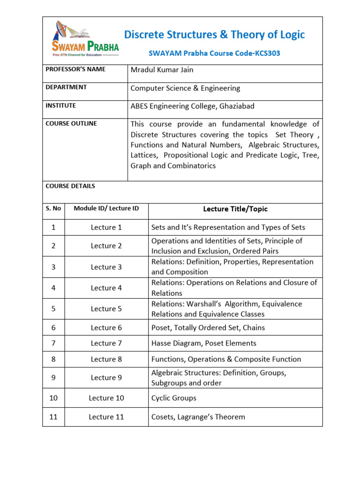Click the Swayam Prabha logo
pyautogui.click(x=85, y=38)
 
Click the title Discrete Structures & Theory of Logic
pyautogui.click(x=214, y=35)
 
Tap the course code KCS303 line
pyautogui.click(x=214, y=53)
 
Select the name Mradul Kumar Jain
pyautogui.click(x=162, y=70)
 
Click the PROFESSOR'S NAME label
pyautogui.click(x=75, y=69)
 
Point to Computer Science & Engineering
pyautogui.click(x=185, y=88)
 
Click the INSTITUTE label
pyautogui.click(x=60, y=106)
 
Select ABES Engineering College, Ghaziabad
pyautogui.click(x=192, y=106)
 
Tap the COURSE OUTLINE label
pyautogui.click(x=71, y=124)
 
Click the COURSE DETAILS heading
pyautogui.click(x=70, y=186)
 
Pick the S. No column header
pyautogui.click(x=53, y=209)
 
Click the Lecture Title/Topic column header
pyautogui.click(x=235, y=209)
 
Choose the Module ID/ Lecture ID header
pyautogui.click(x=106, y=208)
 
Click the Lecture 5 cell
pyautogui.click(x=106, y=309)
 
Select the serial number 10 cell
pyautogui.click(x=53, y=398)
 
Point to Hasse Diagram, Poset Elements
pyautogui.click(x=204, y=343)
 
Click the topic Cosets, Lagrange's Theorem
pyautogui.click(x=198, y=417)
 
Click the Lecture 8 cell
pyautogui.click(x=106, y=359)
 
